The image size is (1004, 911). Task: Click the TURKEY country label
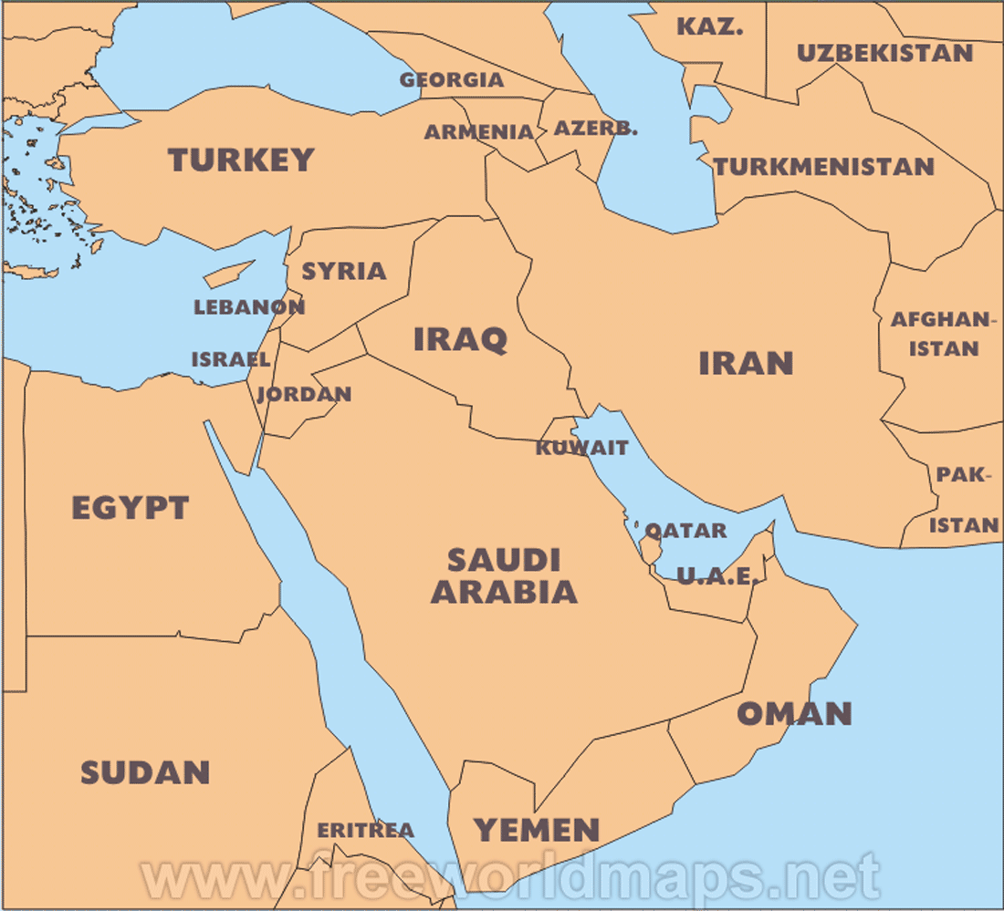tap(241, 160)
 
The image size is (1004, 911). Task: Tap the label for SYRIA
tap(344, 271)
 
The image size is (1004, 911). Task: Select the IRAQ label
tap(460, 339)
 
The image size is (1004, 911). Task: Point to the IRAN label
tap(746, 363)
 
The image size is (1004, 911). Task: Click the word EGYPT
tap(131, 508)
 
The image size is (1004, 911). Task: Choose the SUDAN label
tap(145, 773)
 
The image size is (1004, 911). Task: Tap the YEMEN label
tap(537, 830)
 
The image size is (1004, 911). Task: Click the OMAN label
tap(794, 713)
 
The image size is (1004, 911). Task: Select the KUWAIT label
tap(582, 448)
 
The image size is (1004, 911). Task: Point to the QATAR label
tap(686, 531)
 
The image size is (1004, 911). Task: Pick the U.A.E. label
tap(716, 576)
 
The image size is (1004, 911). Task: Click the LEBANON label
tap(249, 307)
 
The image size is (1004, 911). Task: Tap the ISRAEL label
tap(230, 359)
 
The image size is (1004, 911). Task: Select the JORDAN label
tap(304, 395)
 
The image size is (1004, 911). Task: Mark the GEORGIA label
tap(452, 80)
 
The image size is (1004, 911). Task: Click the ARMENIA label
tap(479, 132)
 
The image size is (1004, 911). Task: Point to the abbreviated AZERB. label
tap(596, 128)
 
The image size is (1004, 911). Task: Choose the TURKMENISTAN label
tap(824, 167)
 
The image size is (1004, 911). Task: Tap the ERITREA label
tap(365, 830)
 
